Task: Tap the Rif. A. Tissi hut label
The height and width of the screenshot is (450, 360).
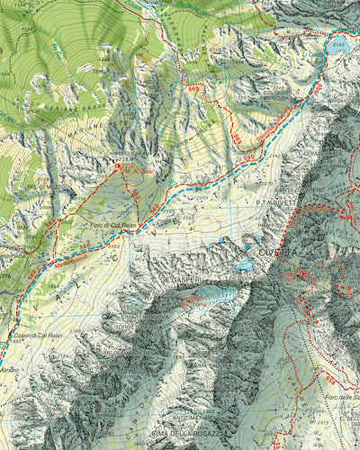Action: pos(131,170)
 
